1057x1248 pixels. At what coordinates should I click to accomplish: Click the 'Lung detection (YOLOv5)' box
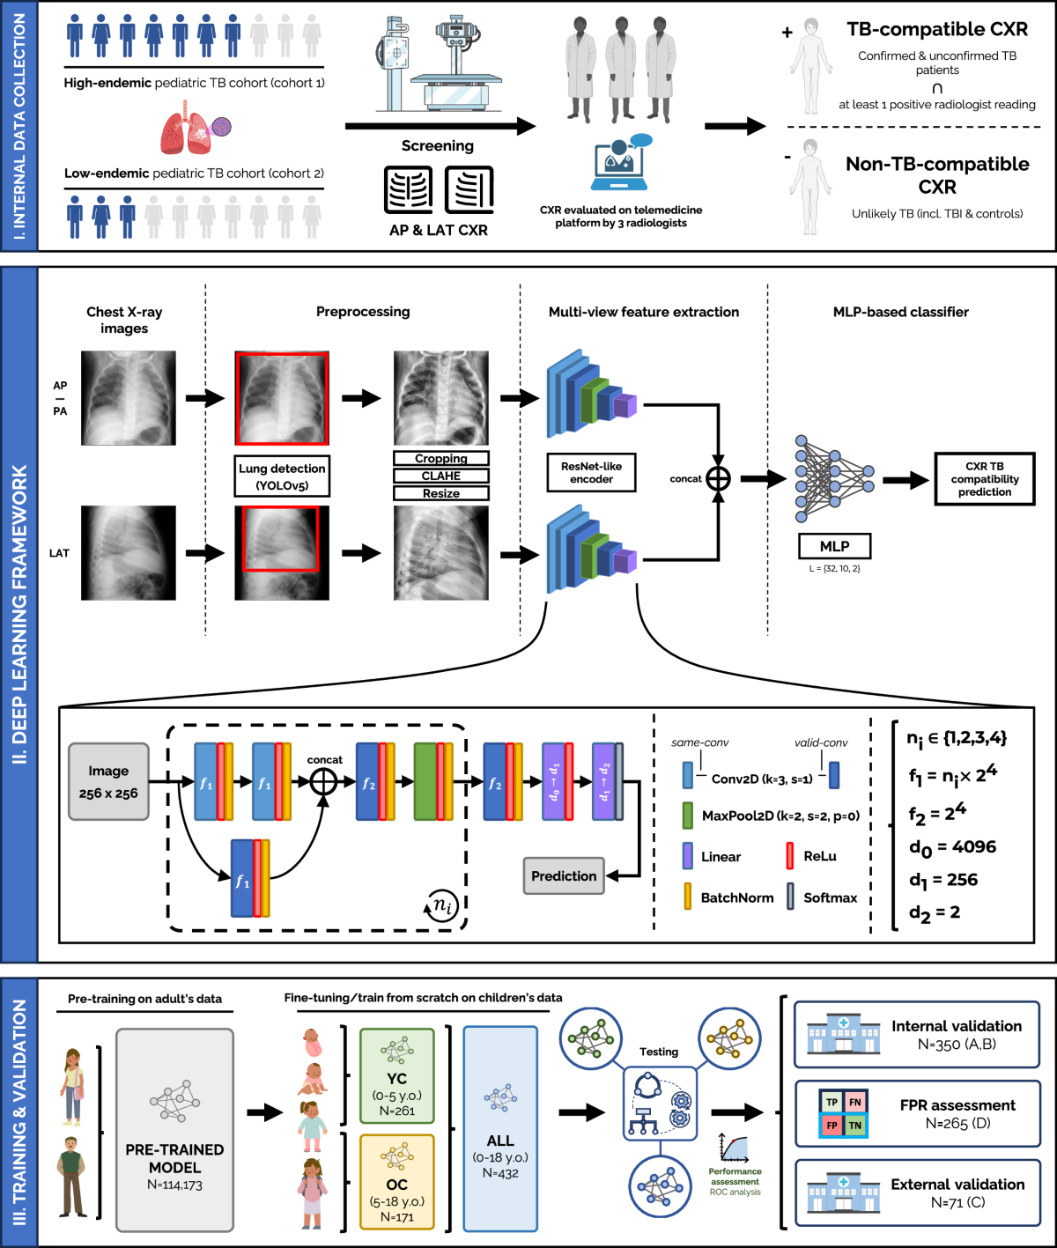282,476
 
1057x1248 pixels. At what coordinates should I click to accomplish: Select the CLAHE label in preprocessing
440,476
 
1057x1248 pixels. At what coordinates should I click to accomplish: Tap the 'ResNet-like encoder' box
591,473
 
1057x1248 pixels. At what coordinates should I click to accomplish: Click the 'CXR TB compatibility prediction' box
984,479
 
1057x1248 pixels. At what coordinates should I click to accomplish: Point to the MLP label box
834,546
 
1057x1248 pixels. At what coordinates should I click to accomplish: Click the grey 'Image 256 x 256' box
108,782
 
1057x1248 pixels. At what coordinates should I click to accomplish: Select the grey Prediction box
564,876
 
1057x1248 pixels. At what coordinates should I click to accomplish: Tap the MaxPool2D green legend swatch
688,816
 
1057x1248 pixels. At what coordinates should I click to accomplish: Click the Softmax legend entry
830,897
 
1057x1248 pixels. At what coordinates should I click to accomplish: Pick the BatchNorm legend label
737,897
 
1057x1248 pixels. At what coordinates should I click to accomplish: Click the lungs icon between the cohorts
194,128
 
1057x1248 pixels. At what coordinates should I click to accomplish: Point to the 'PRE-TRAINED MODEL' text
174,1158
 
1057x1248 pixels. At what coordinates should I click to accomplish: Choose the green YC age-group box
396,1076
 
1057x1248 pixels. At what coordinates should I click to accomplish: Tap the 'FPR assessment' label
957,1105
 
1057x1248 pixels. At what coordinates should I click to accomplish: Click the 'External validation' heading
957,1185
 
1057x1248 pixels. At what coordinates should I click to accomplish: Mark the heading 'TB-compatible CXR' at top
937,29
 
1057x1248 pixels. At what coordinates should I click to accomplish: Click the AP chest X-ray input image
129,398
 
